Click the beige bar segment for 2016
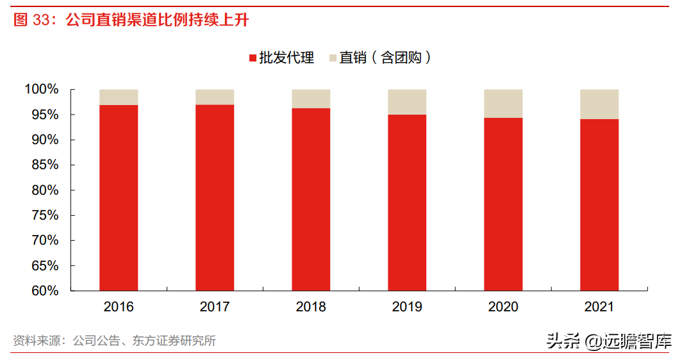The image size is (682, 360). pyautogui.click(x=119, y=97)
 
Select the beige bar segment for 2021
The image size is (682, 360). pyautogui.click(x=599, y=104)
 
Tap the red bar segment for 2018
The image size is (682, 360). pyautogui.click(x=311, y=199)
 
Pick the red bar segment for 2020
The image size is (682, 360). pyautogui.click(x=503, y=204)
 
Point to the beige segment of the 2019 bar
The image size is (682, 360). pyautogui.click(x=407, y=102)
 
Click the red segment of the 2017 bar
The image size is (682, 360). pyautogui.click(x=215, y=198)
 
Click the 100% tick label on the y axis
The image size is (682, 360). pyautogui.click(x=42, y=89)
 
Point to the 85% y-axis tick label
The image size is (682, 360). pyautogui.click(x=46, y=165)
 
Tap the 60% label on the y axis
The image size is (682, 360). pyautogui.click(x=46, y=290)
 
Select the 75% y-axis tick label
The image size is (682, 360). pyautogui.click(x=46, y=215)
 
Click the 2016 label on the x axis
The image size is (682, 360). pyautogui.click(x=119, y=307)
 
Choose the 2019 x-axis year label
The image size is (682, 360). pyautogui.click(x=407, y=307)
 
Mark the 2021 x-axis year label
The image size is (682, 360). pyautogui.click(x=599, y=307)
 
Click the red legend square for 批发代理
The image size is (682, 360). pyautogui.click(x=253, y=58)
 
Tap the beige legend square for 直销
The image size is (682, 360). pyautogui.click(x=333, y=58)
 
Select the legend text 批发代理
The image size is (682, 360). pyautogui.click(x=287, y=58)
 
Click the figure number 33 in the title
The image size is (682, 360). pyautogui.click(x=41, y=20)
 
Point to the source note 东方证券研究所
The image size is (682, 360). pyautogui.click(x=174, y=340)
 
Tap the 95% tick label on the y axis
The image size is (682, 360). pyautogui.click(x=46, y=115)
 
